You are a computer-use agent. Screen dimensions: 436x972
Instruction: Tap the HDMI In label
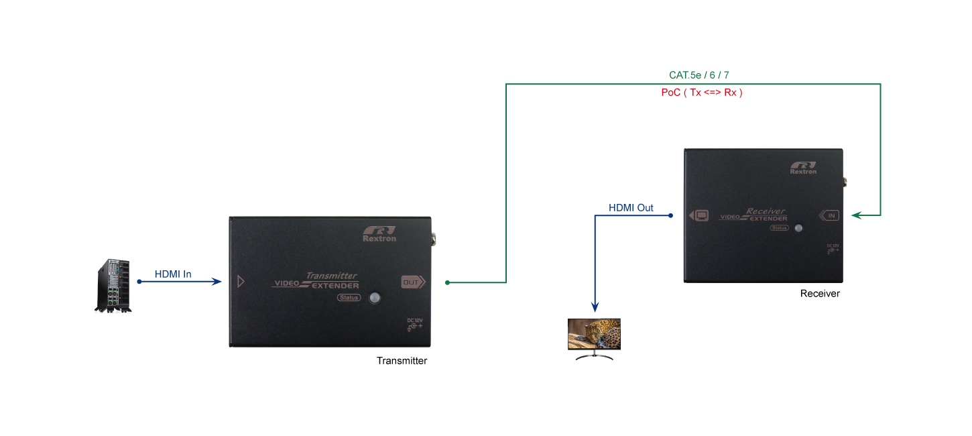tap(173, 274)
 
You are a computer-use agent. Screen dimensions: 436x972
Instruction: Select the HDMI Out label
tap(631, 208)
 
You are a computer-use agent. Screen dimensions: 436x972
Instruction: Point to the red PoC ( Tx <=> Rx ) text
tap(702, 93)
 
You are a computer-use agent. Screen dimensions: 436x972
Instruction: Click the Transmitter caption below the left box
tap(402, 361)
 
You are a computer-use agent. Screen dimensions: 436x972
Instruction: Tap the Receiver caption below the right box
tap(820, 294)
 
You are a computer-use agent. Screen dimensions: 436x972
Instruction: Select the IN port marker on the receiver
tap(829, 215)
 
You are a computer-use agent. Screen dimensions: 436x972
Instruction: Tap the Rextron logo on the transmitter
tap(379, 234)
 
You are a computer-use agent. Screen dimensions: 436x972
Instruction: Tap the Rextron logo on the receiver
tap(803, 168)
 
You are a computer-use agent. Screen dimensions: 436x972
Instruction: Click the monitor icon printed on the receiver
tap(699, 216)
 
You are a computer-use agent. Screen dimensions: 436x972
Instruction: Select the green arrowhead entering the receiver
tap(857, 215)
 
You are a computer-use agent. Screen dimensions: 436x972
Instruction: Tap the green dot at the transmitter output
tap(447, 282)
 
